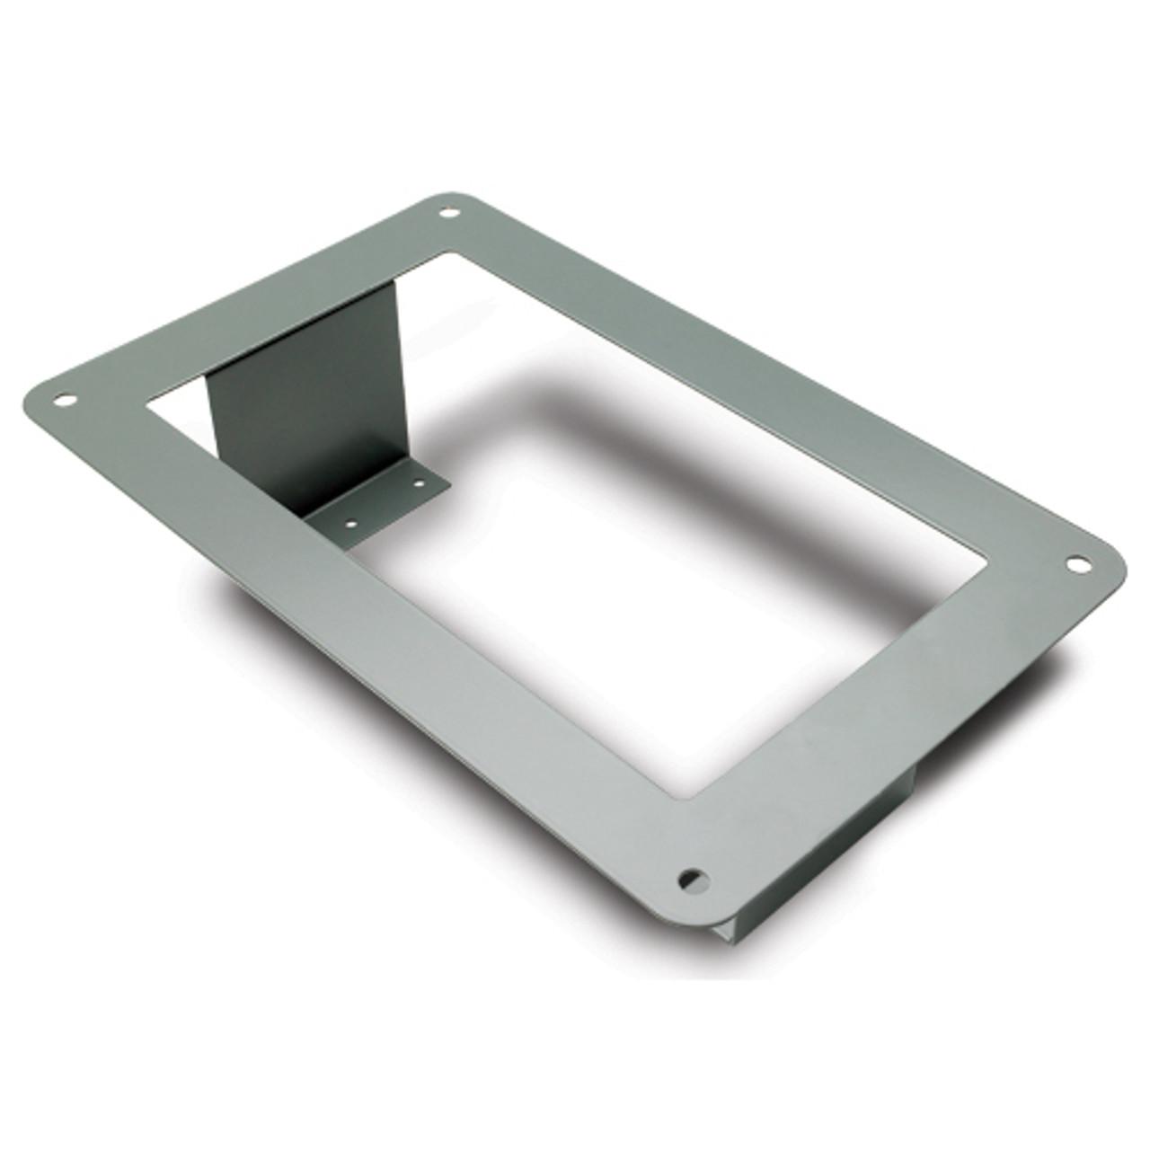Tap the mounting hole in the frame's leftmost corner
click(x=63, y=400)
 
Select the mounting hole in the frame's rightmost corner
click(x=1075, y=564)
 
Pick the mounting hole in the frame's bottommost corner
click(x=692, y=877)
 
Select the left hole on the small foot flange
click(x=351, y=521)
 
